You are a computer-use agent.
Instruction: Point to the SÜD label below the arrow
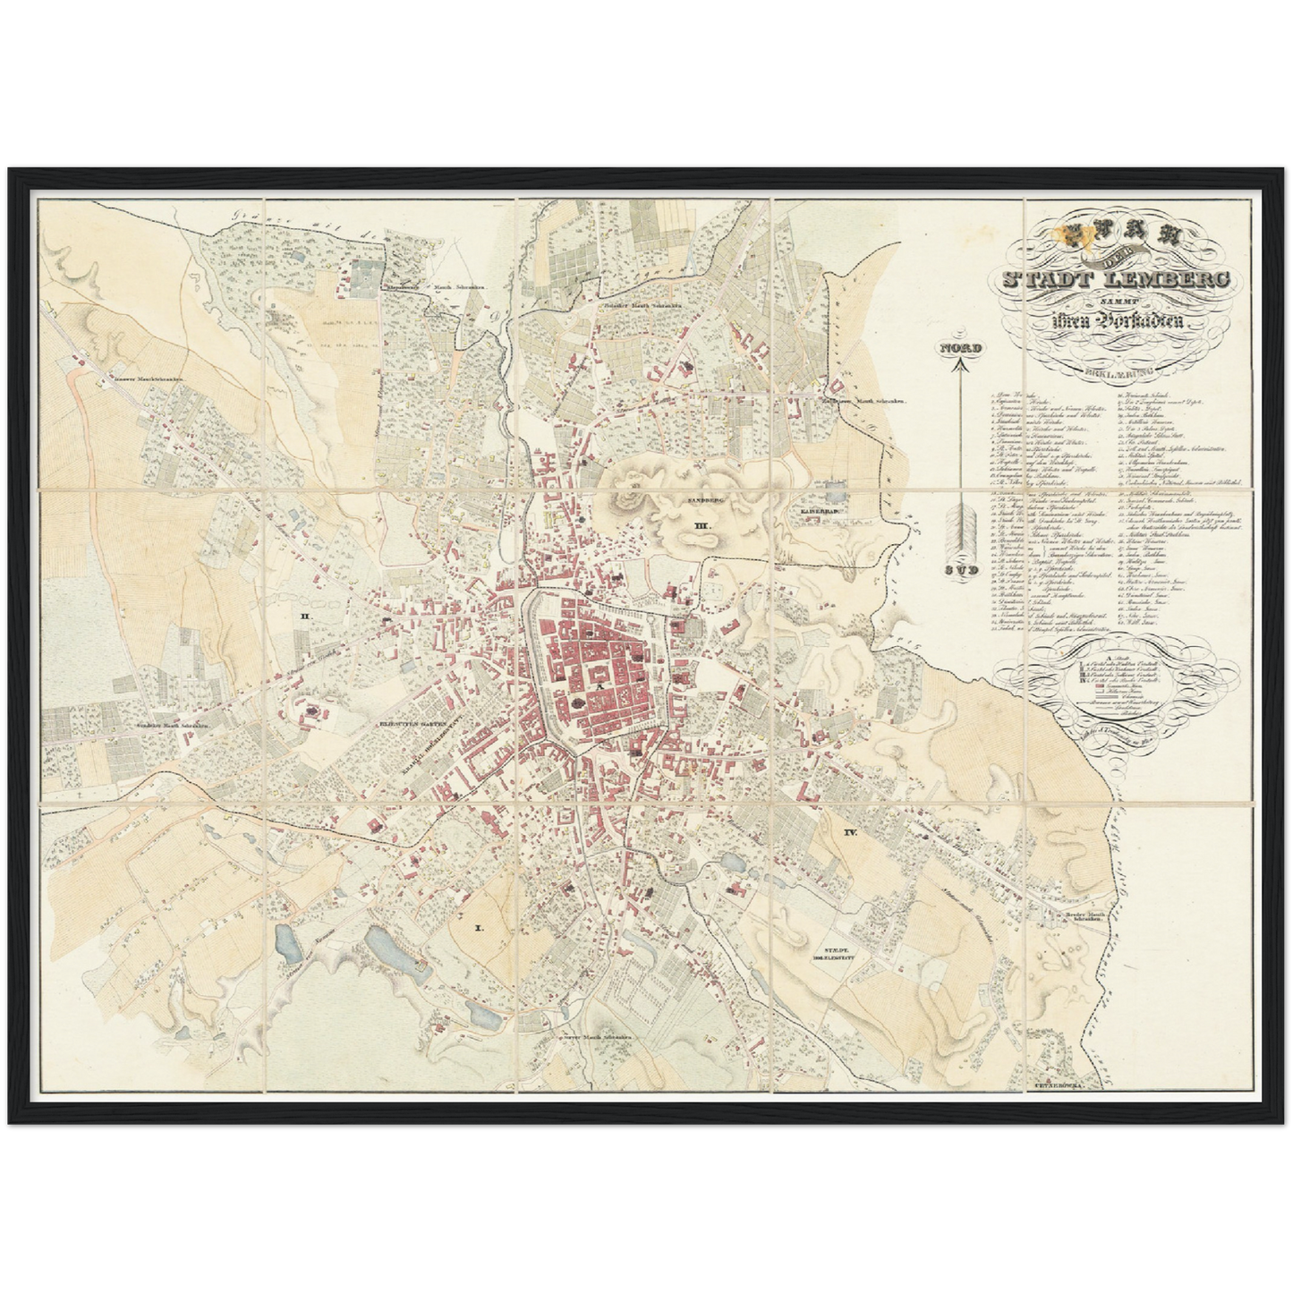click(958, 569)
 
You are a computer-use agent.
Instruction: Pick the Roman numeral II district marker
click(305, 617)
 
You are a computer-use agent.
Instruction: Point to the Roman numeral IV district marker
click(850, 832)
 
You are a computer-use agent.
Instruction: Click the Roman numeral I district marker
click(479, 905)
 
